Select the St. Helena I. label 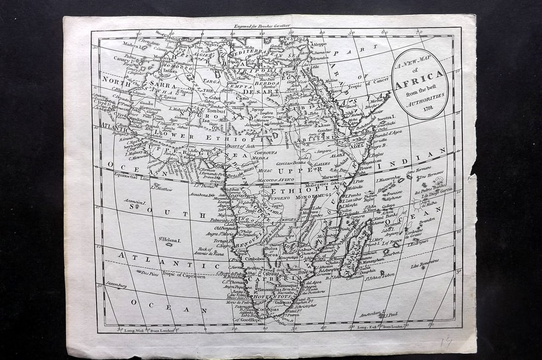click(169, 240)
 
